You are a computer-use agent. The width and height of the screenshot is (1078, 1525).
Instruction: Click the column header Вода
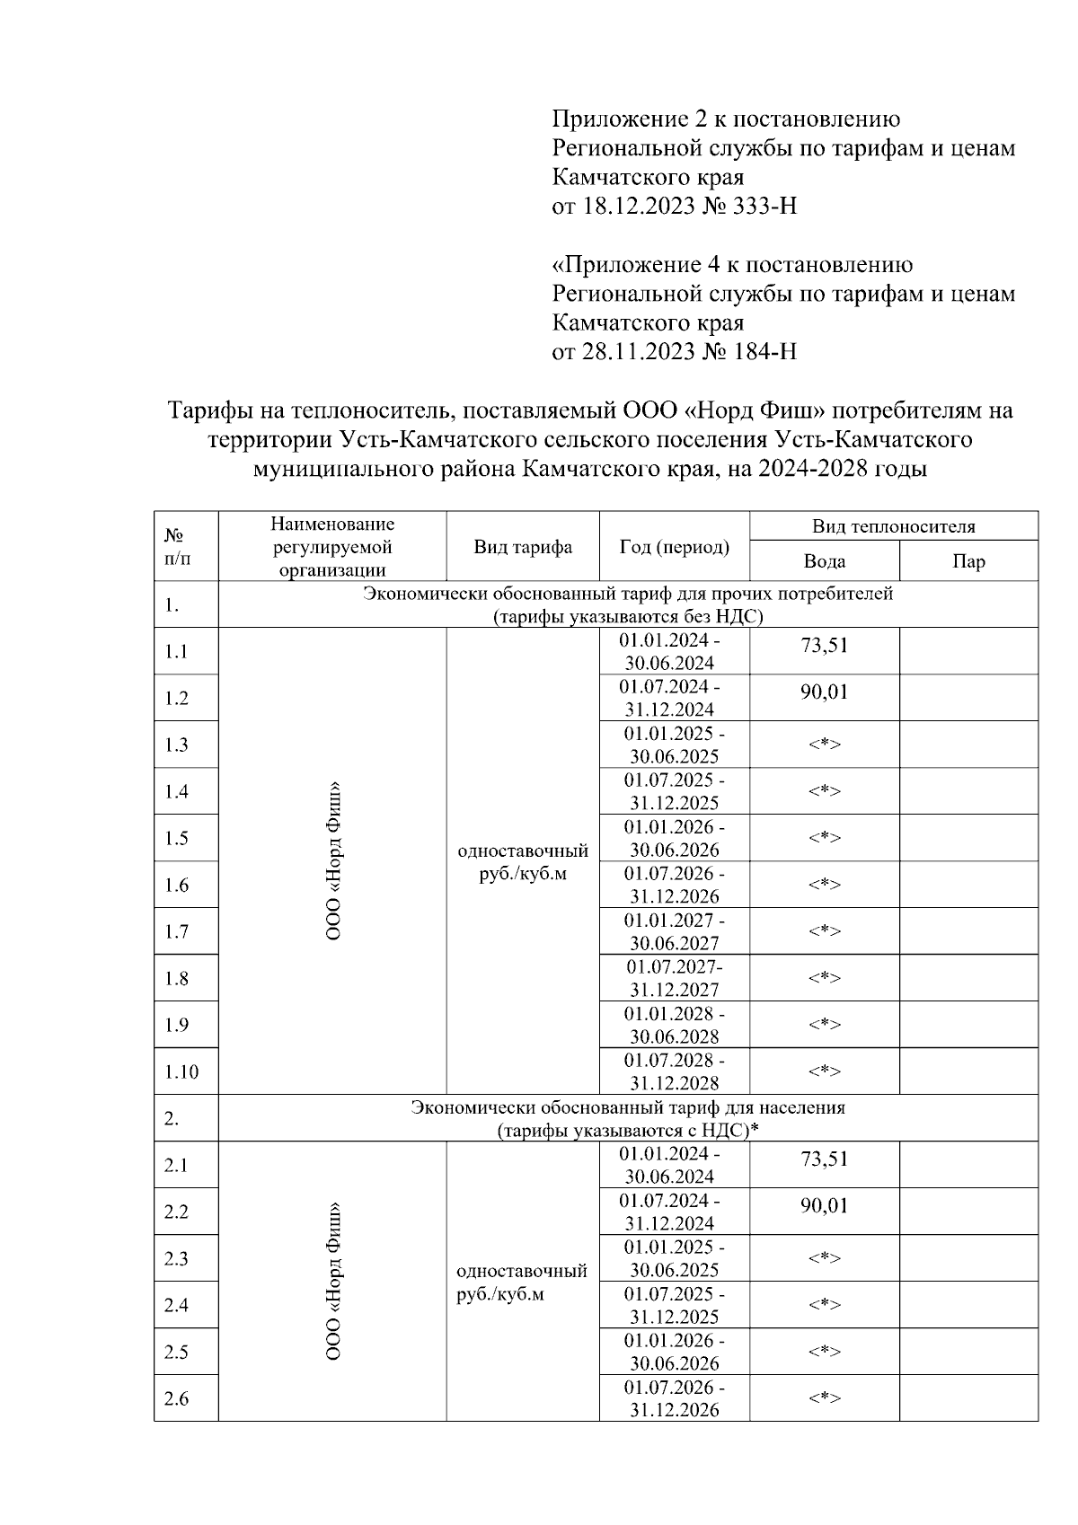tap(824, 561)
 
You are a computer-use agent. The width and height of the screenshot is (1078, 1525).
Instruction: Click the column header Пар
tap(968, 561)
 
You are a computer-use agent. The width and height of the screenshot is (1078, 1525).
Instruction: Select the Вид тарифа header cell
tap(523, 547)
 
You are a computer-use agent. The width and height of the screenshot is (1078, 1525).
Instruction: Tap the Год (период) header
tap(674, 547)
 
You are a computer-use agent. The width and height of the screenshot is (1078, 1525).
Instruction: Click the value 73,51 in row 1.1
tap(824, 646)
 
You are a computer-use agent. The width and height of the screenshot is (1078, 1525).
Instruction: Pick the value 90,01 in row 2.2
tap(824, 1205)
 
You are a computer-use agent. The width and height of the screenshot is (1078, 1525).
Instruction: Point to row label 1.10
tap(181, 1071)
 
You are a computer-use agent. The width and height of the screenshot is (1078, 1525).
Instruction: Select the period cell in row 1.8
tap(674, 978)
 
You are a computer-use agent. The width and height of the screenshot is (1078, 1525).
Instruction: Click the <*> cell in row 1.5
tap(824, 838)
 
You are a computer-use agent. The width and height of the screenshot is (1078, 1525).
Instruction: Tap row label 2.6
tap(177, 1398)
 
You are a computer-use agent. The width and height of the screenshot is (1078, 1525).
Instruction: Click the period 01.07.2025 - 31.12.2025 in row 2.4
tap(674, 1305)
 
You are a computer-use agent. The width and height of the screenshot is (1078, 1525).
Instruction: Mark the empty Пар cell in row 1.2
tap(968, 698)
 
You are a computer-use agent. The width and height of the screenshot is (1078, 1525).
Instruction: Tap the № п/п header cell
tap(177, 547)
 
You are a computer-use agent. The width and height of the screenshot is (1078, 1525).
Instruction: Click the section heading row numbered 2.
tap(628, 1118)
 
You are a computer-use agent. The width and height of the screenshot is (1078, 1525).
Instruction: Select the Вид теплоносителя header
tap(893, 526)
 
